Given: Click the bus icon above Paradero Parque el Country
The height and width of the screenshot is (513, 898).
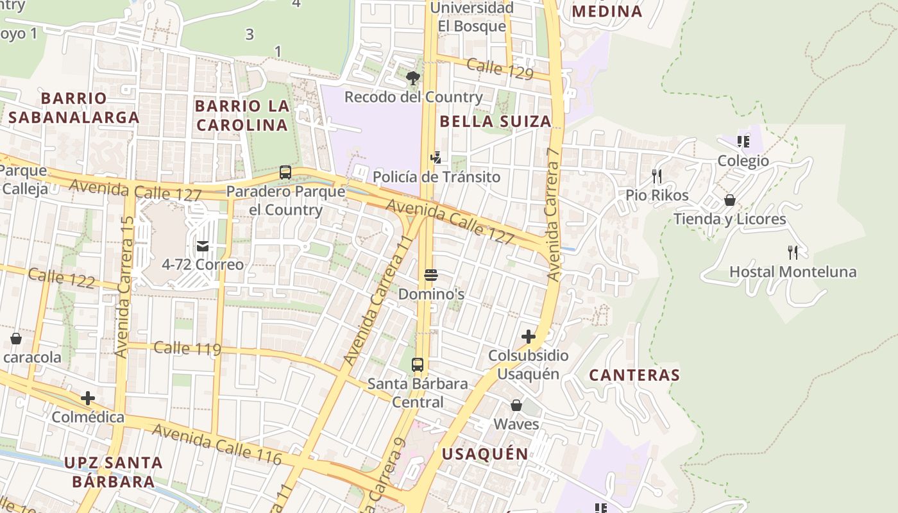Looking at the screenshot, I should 285,172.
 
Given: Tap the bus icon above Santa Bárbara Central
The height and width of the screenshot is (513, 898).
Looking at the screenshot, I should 418,365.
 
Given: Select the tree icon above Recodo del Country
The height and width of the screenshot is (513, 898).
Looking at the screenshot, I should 413,79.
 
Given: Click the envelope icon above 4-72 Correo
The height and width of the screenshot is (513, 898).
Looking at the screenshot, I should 203,246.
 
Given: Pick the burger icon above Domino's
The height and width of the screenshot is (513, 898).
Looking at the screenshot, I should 431,276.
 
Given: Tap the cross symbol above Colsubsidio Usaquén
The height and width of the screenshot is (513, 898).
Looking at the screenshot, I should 529,336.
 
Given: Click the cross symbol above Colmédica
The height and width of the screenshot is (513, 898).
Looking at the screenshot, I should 88,398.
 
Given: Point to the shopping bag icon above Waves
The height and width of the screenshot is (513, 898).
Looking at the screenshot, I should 516,405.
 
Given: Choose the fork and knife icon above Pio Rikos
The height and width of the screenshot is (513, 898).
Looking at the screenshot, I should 656,176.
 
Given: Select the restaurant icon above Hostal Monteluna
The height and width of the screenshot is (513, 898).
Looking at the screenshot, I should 793,253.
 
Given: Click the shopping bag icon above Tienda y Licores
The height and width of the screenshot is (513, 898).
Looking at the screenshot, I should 729,200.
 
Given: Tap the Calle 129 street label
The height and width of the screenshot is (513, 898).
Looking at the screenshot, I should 500,69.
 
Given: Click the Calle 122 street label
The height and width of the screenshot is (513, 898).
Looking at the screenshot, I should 62,278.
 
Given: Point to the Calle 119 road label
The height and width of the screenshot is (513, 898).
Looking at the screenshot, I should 187,348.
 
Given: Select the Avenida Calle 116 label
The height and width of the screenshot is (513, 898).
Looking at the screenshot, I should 217,444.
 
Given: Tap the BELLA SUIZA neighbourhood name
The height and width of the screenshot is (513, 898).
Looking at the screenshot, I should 495,121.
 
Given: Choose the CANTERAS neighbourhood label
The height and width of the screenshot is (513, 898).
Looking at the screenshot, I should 634,375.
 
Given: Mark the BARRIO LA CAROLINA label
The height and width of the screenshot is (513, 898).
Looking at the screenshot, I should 242,115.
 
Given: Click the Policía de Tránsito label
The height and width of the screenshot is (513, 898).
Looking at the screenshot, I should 436,176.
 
